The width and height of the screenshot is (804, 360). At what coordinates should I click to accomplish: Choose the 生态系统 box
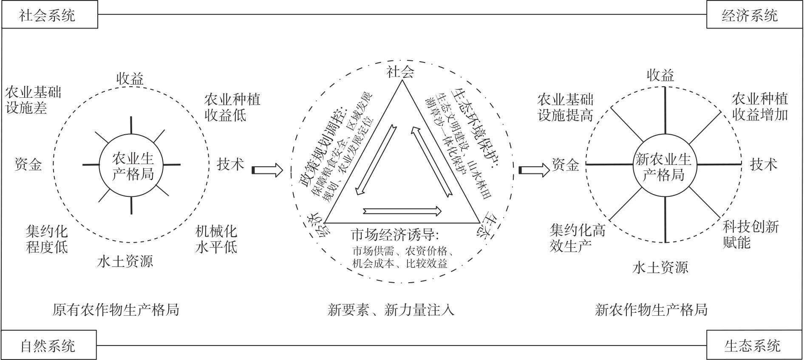pyautogui.click(x=754, y=345)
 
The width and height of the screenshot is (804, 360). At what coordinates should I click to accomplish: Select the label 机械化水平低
pyautogui.click(x=216, y=239)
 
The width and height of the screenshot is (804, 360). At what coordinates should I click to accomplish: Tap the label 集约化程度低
pyautogui.click(x=47, y=239)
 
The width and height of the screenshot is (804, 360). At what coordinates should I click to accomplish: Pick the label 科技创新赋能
pyautogui.click(x=751, y=234)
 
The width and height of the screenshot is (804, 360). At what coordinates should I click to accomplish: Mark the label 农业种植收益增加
pyautogui.click(x=760, y=107)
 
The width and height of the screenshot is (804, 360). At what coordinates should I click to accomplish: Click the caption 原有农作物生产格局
pyautogui.click(x=116, y=309)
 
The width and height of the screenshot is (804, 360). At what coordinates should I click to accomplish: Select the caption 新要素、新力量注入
pyautogui.click(x=391, y=309)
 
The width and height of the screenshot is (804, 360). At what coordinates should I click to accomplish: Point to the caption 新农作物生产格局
pyautogui.click(x=651, y=309)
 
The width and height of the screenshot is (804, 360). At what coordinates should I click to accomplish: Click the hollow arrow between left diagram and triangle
pyautogui.click(x=267, y=170)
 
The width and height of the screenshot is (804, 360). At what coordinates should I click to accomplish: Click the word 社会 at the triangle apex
pyautogui.click(x=400, y=72)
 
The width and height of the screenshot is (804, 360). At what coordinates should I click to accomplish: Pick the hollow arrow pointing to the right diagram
pyautogui.click(x=534, y=170)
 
